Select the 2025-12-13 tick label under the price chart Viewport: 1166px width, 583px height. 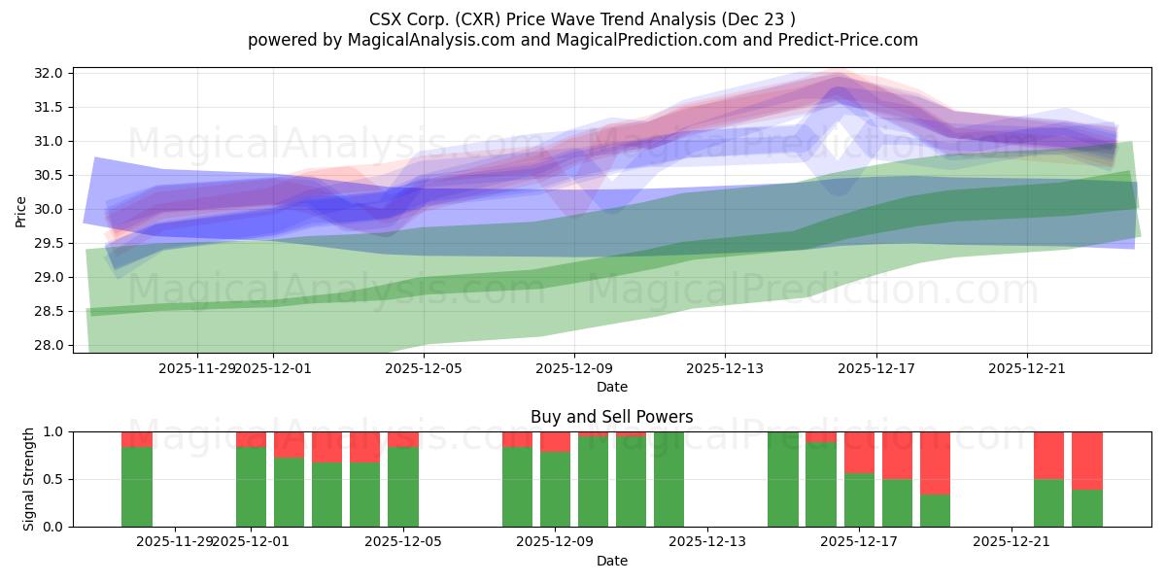[725, 368]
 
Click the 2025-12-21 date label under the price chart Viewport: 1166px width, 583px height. [1028, 368]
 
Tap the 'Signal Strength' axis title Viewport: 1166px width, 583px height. [29, 478]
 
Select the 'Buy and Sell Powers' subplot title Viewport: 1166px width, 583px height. [611, 417]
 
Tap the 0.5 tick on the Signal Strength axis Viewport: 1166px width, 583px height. [54, 479]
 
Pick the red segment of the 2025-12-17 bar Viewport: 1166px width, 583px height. [859, 452]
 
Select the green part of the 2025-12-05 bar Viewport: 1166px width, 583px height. [403, 487]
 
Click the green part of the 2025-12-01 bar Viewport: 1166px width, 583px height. [252, 487]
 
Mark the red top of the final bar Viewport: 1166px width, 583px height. [1087, 460]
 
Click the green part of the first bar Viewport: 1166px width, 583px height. [137, 487]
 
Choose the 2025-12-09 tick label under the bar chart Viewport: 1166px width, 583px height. [555, 541]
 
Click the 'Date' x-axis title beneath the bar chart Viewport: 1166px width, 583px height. [611, 561]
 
